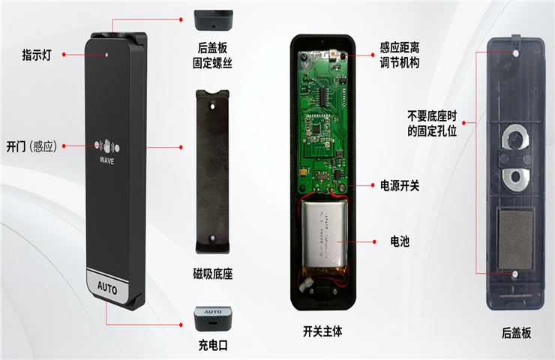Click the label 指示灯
tap(37, 55)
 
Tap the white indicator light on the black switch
tap(106, 55)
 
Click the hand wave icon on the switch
tap(107, 145)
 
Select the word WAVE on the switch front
tap(107, 160)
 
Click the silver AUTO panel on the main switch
tap(107, 287)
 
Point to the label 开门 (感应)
tap(31, 146)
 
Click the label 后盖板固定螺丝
tap(212, 55)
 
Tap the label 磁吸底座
tap(213, 274)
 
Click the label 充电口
tap(213, 345)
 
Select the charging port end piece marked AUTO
tap(213, 319)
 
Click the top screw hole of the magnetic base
tap(213, 106)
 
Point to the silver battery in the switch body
tap(325, 236)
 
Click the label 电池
tap(400, 241)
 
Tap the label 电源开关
tap(400, 185)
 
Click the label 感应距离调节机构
tap(400, 55)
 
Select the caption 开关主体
tap(322, 331)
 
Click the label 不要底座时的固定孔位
tap(432, 123)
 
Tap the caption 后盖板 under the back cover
tap(516, 333)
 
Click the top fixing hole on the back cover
tap(516, 53)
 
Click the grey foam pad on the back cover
tap(516, 238)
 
